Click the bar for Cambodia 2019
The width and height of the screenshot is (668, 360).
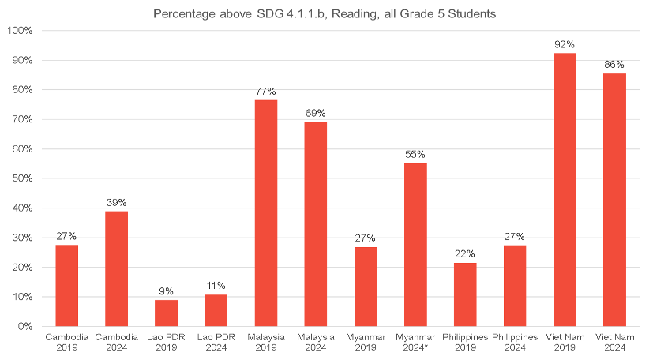point(66,285)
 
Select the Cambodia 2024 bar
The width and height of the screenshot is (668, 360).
point(116,268)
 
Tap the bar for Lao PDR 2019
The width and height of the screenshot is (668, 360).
point(166,313)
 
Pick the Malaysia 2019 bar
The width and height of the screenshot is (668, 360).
point(265,212)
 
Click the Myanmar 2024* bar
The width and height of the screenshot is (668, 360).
point(415,245)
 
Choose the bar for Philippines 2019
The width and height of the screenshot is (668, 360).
point(465,294)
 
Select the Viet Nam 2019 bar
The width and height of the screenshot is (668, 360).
point(565,189)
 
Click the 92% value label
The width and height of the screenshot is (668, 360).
point(565,44)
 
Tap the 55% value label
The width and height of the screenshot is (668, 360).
point(415,155)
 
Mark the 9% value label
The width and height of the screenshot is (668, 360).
point(166,291)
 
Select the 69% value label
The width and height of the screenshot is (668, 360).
point(316,114)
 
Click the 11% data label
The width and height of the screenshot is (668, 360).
point(216,286)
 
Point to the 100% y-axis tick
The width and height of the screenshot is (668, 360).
point(19,31)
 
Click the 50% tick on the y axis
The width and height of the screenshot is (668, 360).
point(21,178)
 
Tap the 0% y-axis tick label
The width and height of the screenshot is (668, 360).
point(24,326)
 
